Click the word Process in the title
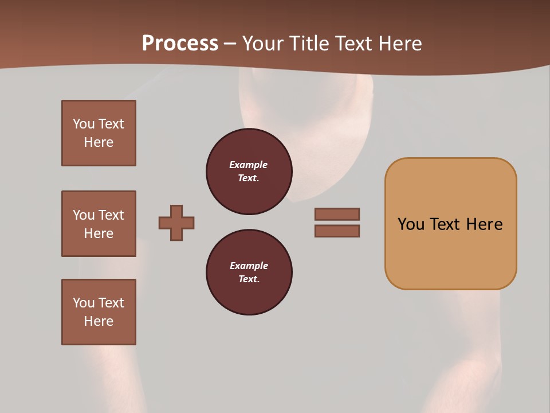pyautogui.click(x=180, y=43)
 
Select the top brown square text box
pyautogui.click(x=99, y=133)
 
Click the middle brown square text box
pyautogui.click(x=99, y=224)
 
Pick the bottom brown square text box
pyautogui.click(x=99, y=311)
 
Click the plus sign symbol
pyautogui.click(x=176, y=223)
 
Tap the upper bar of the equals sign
pyautogui.click(x=337, y=214)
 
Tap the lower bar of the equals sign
pyautogui.click(x=337, y=231)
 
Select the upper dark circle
pyautogui.click(x=249, y=172)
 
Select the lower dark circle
pyautogui.click(x=249, y=272)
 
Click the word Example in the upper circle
pyautogui.click(x=249, y=165)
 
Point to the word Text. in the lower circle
pyautogui.click(x=249, y=279)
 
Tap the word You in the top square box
pyautogui.click(x=84, y=124)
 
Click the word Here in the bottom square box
pyautogui.click(x=99, y=321)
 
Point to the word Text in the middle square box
pyautogui.click(x=111, y=215)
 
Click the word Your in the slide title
pyautogui.click(x=264, y=44)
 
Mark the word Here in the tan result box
pyautogui.click(x=484, y=224)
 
